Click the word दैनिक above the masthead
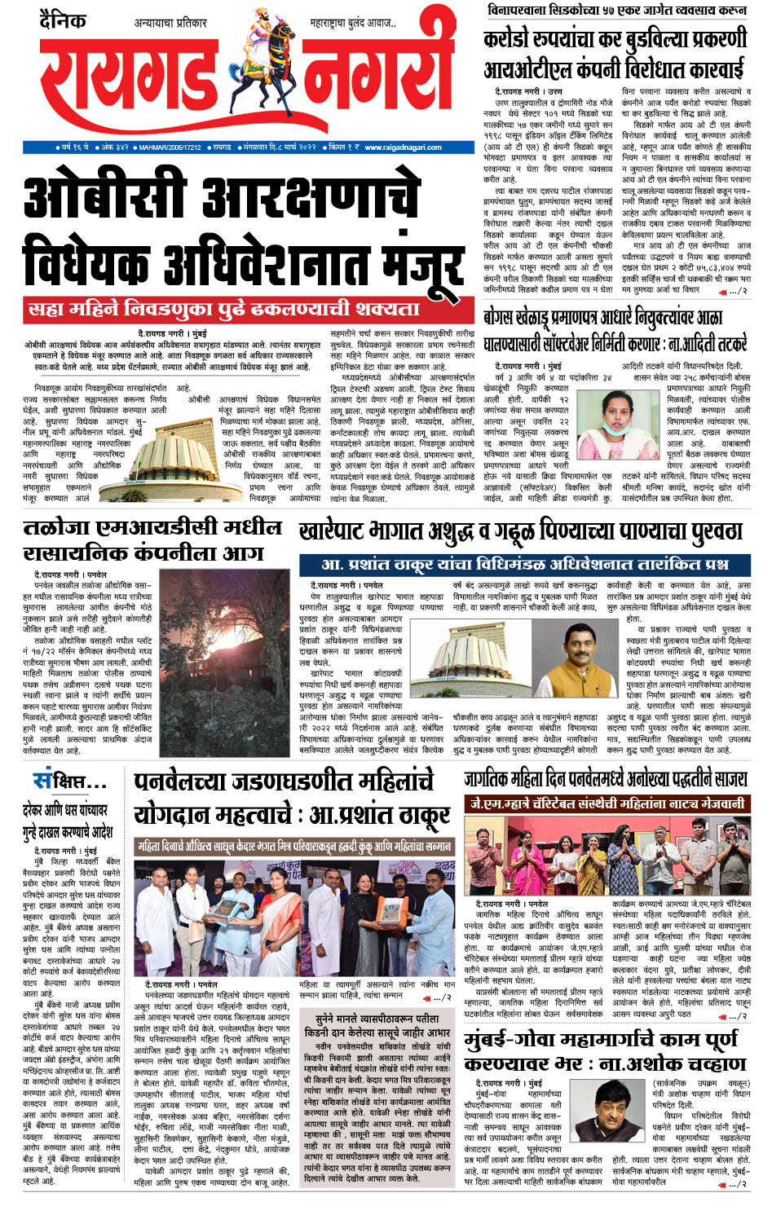click(63, 20)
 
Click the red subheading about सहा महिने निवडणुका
click(224, 310)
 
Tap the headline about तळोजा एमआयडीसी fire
click(153, 539)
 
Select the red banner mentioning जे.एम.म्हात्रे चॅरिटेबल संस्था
click(606, 803)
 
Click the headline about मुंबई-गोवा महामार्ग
click(605, 1051)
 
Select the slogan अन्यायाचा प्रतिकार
click(171, 23)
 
